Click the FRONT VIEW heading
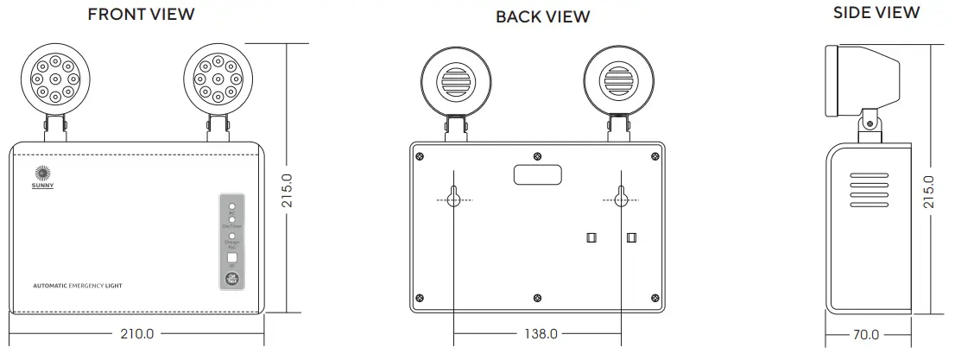coord(141,14)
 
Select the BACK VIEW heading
coord(543,16)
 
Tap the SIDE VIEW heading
coord(876,12)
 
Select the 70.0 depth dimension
coord(865,334)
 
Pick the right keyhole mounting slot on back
coord(620,197)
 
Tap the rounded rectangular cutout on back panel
coord(537,174)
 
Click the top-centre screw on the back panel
coord(538,156)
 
